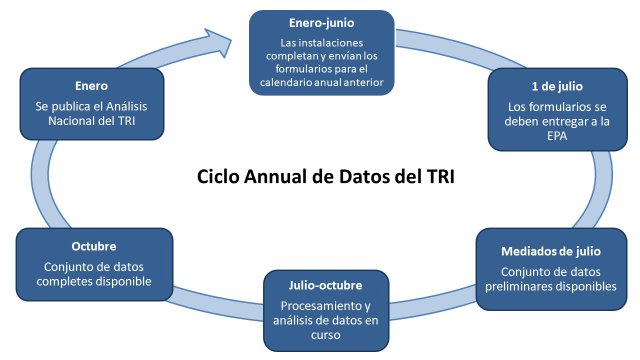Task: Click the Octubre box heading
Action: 95,247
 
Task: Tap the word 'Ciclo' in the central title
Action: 219,179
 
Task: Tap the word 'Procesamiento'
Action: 301,306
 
